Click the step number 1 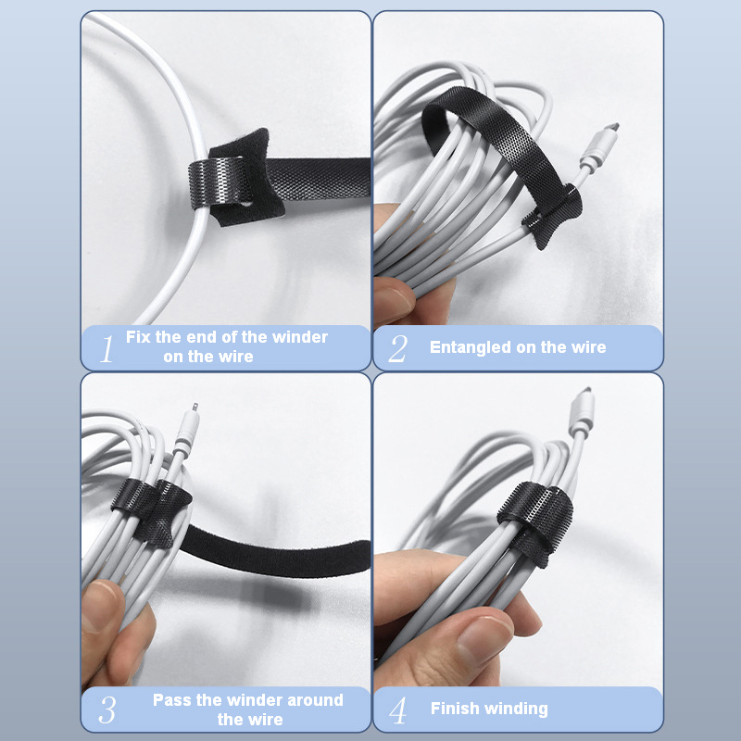point(107,349)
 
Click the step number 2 point(397,349)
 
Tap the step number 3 point(107,710)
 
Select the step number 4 point(397,710)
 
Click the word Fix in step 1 point(138,337)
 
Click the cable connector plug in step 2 point(599,146)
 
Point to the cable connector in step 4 point(582,411)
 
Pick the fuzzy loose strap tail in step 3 point(274,552)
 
